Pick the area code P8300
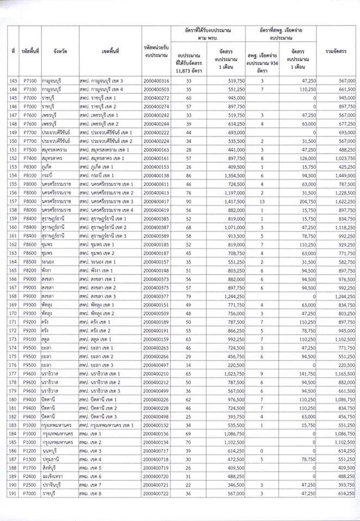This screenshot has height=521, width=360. pos(29,167)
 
